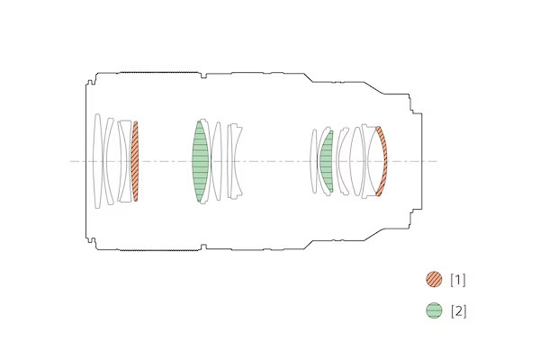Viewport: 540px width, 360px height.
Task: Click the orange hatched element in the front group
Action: tap(135, 161)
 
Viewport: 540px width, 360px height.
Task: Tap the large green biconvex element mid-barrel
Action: tap(200, 161)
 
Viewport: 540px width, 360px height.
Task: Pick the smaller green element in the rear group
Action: tap(327, 161)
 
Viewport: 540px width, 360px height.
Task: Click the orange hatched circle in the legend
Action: tap(434, 279)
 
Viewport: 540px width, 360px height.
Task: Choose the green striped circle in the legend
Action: tap(434, 310)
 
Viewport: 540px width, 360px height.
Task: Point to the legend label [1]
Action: tap(458, 280)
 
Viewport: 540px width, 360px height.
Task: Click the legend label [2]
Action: tap(459, 311)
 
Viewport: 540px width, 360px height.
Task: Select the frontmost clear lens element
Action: tap(97, 161)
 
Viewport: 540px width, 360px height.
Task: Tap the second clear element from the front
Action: tap(107, 161)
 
